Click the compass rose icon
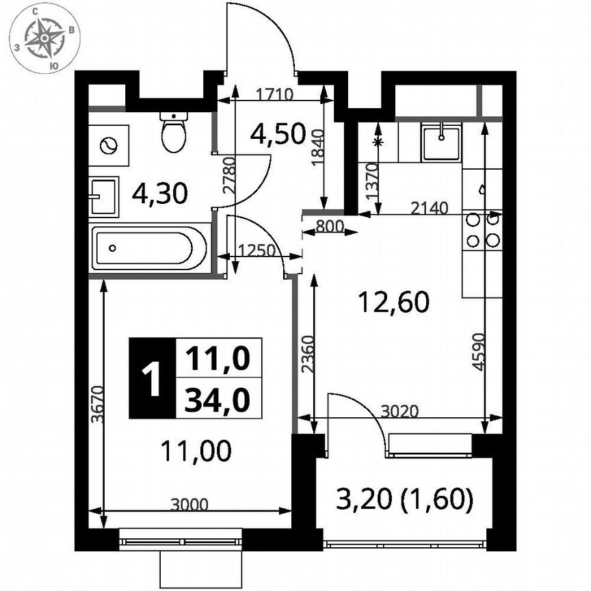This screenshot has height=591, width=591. pyautogui.click(x=44, y=38)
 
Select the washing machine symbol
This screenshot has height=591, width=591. pyautogui.click(x=109, y=145)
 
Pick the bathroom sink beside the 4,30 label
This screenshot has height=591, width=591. pyautogui.click(x=103, y=196)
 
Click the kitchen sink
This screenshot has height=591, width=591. pyautogui.click(x=441, y=142)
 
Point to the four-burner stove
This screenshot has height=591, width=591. pyautogui.click(x=482, y=231)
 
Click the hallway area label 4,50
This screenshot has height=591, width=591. pyautogui.click(x=277, y=134)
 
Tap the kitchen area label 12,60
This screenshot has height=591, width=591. pyautogui.click(x=394, y=301)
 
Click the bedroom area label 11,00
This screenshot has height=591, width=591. pyautogui.click(x=196, y=450)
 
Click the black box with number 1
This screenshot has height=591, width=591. pyautogui.click(x=152, y=378)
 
